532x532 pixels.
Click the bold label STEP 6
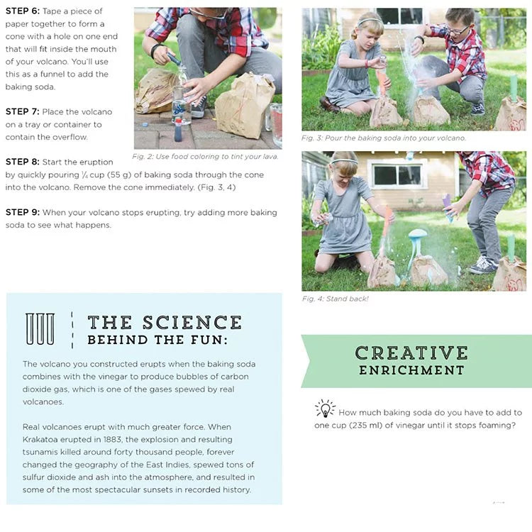point(22,11)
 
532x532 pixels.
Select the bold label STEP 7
point(22,111)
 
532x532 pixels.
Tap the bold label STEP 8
point(22,162)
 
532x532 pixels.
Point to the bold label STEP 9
point(22,212)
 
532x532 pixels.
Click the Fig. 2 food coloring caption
point(206,156)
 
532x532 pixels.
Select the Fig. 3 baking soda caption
point(383,138)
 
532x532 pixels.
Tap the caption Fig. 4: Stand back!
point(335,299)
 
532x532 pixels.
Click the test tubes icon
point(40,329)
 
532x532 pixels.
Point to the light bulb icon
point(325,409)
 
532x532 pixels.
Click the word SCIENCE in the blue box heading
point(192,323)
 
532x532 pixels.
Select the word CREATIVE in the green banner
point(411,353)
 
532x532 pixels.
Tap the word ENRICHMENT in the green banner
point(411,370)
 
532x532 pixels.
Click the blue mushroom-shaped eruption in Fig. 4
point(418,238)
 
